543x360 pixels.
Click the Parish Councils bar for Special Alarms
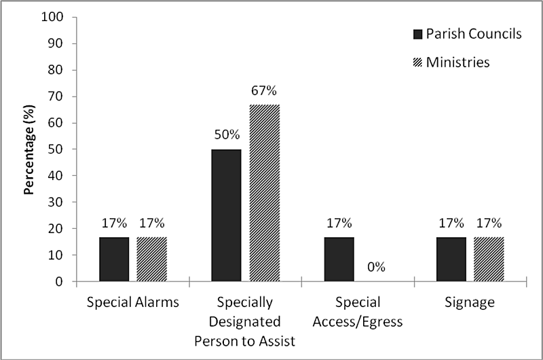(114, 259)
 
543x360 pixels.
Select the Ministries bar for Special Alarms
(151, 259)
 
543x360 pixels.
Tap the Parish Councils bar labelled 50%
(227, 215)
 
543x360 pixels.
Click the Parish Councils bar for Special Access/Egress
(339, 259)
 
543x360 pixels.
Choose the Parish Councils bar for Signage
(451, 259)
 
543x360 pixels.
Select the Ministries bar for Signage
(489, 259)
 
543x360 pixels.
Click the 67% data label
(264, 90)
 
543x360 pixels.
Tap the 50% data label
(227, 134)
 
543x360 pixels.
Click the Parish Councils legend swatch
(418, 34)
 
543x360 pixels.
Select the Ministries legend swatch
(418, 62)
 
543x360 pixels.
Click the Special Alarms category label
(133, 303)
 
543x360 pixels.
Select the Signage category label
(470, 303)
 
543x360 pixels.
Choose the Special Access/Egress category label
(358, 312)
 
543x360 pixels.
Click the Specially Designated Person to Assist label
(245, 321)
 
